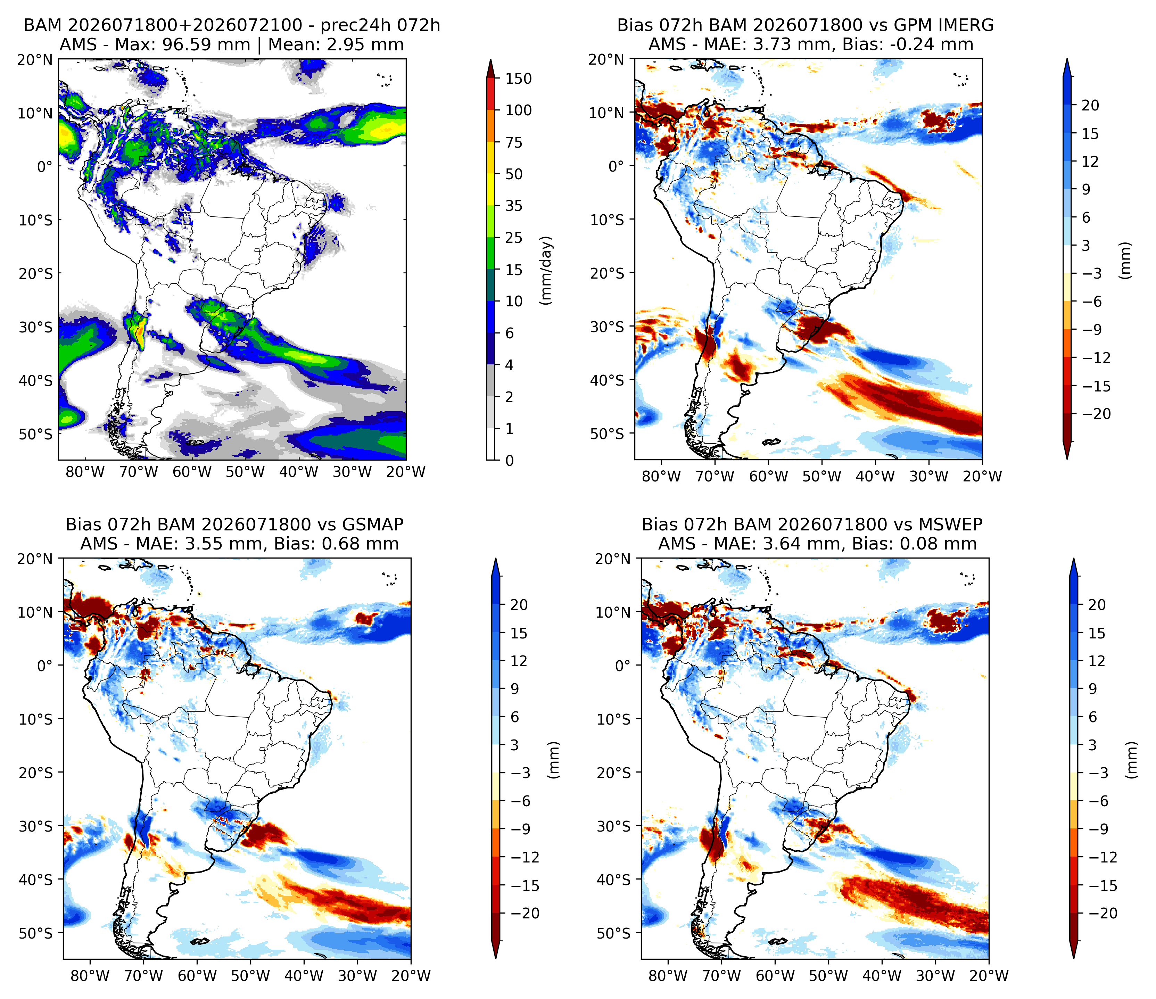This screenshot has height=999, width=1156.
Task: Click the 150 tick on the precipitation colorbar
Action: click(x=518, y=79)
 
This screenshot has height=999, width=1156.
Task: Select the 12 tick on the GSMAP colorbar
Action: click(x=519, y=661)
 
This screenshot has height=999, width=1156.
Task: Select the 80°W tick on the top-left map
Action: click(x=85, y=472)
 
